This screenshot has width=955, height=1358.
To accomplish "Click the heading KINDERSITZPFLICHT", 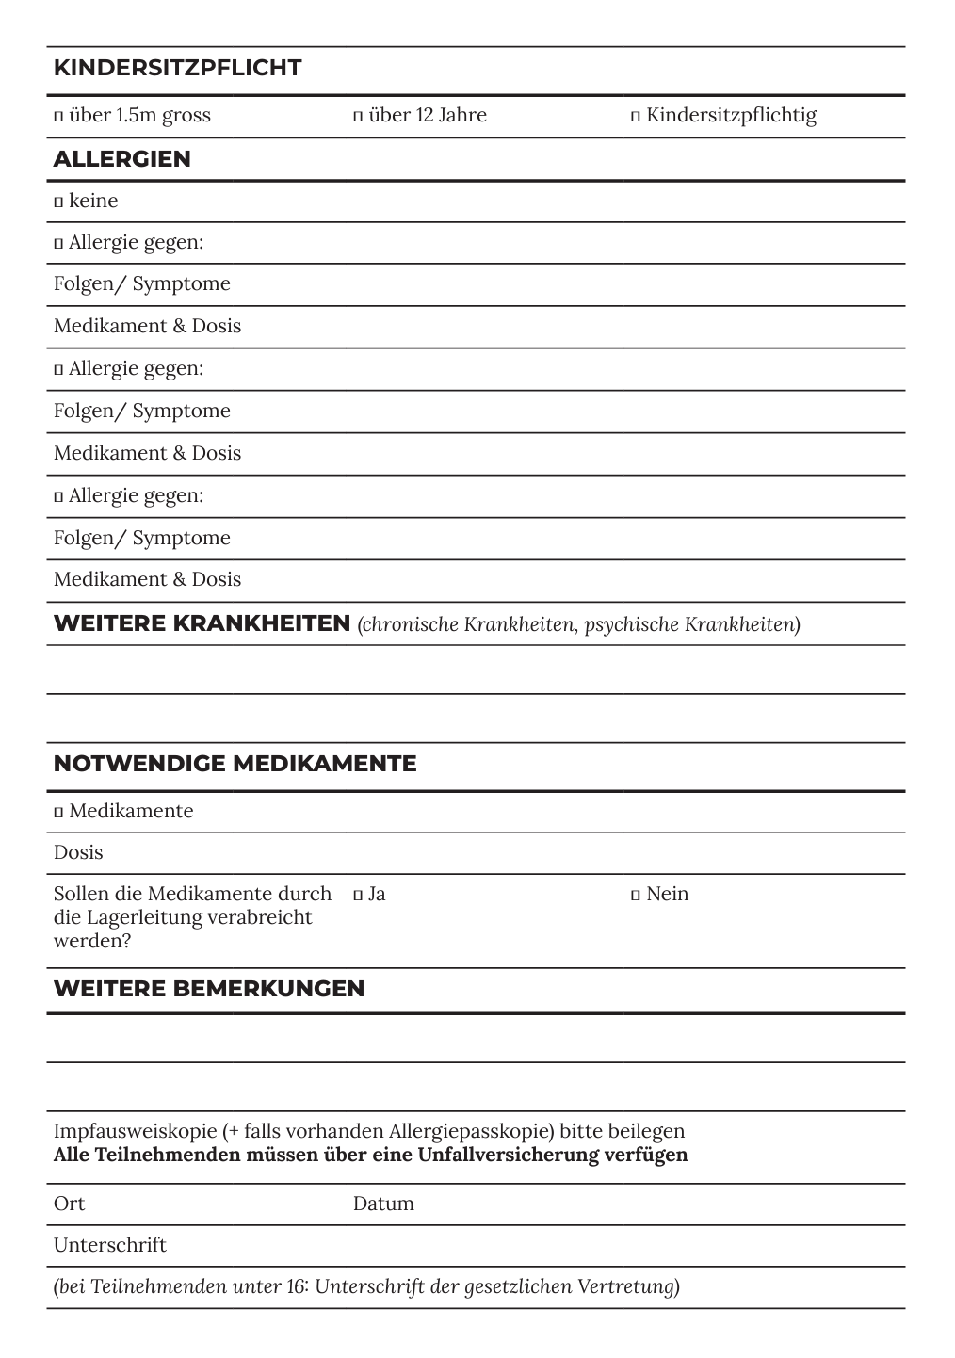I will (177, 68).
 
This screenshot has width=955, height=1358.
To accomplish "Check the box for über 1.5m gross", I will (58, 117).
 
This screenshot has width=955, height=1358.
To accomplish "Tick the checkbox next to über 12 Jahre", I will (358, 117).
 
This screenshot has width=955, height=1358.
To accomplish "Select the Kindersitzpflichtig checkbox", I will (636, 117).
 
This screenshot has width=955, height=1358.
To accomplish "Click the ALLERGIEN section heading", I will (121, 159).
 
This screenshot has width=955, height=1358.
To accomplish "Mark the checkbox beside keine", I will (58, 202).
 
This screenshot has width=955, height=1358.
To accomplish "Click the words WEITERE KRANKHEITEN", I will (202, 623).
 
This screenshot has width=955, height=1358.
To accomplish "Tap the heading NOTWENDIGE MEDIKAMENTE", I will (235, 764).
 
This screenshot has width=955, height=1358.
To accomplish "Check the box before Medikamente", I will (58, 812).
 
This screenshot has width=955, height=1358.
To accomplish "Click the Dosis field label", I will (78, 852).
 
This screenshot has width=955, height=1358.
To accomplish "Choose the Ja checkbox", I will (358, 895).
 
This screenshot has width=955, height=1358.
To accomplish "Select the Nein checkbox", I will (636, 895).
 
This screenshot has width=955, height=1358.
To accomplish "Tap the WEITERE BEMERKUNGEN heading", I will (208, 989).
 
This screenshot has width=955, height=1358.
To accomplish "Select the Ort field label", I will (69, 1204).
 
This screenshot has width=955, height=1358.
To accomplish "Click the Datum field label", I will (383, 1204).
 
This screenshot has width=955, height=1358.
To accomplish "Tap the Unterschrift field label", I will (109, 1245).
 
